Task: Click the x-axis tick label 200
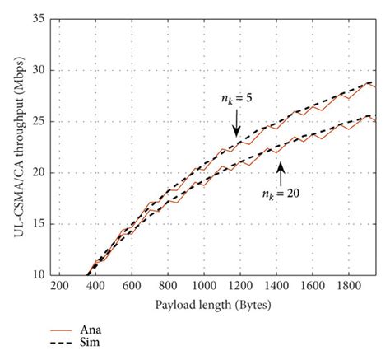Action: tap(58, 285)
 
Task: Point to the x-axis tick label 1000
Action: tap(203, 285)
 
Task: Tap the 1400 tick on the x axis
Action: tap(276, 285)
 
